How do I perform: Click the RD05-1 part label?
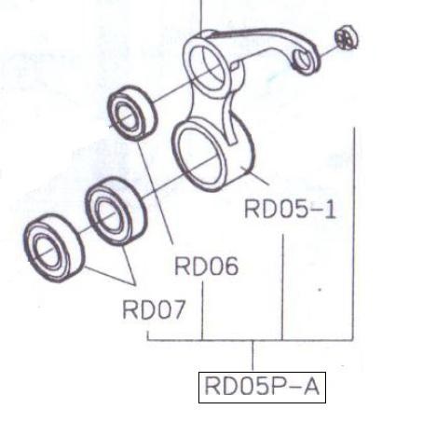click(290, 210)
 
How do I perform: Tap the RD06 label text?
click(207, 266)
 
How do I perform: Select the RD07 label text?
click(154, 309)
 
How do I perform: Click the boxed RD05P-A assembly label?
click(262, 388)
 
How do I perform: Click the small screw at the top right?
click(347, 37)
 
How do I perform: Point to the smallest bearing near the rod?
click(132, 114)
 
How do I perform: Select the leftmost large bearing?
click(54, 249)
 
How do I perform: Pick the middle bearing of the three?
click(116, 211)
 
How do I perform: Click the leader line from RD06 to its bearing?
click(155, 192)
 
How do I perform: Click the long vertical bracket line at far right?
click(354, 234)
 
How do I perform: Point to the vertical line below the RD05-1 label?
click(282, 287)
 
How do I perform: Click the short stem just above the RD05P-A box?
click(252, 356)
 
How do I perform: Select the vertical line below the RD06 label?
click(202, 310)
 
